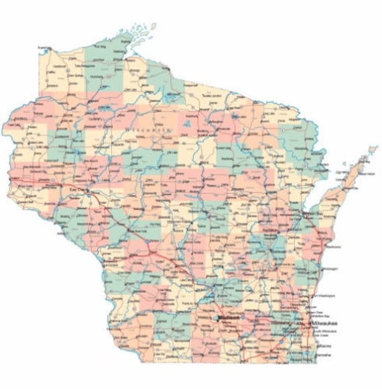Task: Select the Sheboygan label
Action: pyautogui.click(x=329, y=270)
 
